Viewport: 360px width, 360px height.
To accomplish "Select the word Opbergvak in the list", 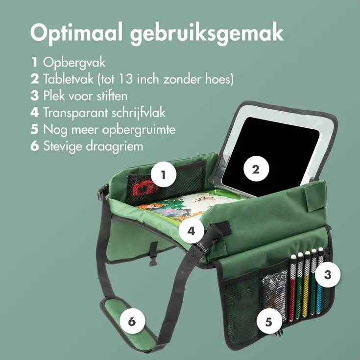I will [74, 63].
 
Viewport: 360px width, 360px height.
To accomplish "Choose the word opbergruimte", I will [140, 129].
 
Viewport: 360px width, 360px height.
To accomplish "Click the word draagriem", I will [119, 146].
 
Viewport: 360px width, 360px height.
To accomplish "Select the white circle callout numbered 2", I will [255, 169].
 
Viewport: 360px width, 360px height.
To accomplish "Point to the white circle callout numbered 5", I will [269, 321].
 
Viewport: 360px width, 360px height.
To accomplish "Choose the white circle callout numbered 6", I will [132, 321].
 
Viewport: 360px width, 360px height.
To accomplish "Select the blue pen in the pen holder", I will [320, 283].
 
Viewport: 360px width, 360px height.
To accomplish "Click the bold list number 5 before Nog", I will [34, 129].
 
